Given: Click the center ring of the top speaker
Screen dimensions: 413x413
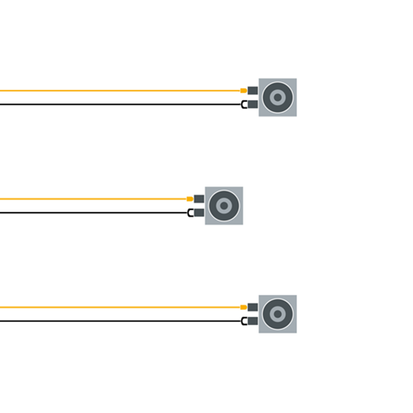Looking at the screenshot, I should pos(278,98).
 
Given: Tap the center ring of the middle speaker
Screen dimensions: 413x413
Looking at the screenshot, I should pos(224,206).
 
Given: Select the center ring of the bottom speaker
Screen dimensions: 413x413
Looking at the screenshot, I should pos(278,314).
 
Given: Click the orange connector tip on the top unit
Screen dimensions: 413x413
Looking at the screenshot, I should pos(243,91).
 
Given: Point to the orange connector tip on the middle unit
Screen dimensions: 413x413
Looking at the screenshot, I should pos(189,199).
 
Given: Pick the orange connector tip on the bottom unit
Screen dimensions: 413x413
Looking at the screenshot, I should pos(243,307).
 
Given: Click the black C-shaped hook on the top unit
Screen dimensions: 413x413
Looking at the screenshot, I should pos(243,105).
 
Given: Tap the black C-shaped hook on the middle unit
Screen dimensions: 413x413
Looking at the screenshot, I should pos(190,213).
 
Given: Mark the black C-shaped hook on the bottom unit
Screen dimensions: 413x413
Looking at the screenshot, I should pos(243,322).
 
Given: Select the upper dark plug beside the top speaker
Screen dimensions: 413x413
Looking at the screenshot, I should pos(252,90).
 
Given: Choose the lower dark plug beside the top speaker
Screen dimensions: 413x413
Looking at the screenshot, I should pos(252,104).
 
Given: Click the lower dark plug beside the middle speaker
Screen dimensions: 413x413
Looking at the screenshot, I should pos(199,213).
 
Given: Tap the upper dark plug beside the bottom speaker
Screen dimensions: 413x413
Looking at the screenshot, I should pos(252,307).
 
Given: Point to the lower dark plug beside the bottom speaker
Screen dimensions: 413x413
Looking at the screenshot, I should pos(252,321).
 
